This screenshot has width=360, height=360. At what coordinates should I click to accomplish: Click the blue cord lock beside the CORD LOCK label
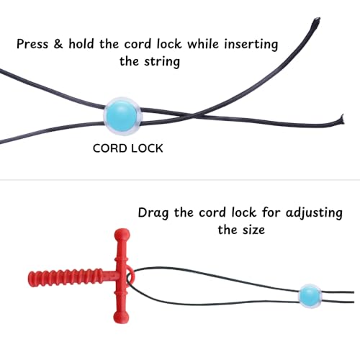tap(123, 116)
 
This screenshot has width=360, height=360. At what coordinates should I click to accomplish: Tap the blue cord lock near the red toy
tap(310, 296)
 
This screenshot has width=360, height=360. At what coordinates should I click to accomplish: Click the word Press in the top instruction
tap(32, 44)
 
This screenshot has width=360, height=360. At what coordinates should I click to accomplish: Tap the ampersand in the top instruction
tap(58, 44)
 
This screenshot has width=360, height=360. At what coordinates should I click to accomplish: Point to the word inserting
tap(251, 45)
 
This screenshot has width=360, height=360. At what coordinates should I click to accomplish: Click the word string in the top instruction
tap(162, 62)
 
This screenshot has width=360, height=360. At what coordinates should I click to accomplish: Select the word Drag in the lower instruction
tap(153, 213)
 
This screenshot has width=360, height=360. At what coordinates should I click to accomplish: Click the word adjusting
tap(314, 213)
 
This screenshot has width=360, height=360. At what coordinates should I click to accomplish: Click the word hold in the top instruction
tap(81, 44)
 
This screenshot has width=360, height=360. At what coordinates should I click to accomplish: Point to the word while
tap(203, 44)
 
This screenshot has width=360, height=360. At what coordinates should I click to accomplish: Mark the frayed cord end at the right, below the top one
tap(341, 120)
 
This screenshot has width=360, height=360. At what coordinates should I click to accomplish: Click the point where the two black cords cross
tap(194, 116)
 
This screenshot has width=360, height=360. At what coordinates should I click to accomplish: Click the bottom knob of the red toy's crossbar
tap(122, 317)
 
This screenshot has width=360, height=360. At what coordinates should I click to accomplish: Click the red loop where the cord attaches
tap(131, 276)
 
